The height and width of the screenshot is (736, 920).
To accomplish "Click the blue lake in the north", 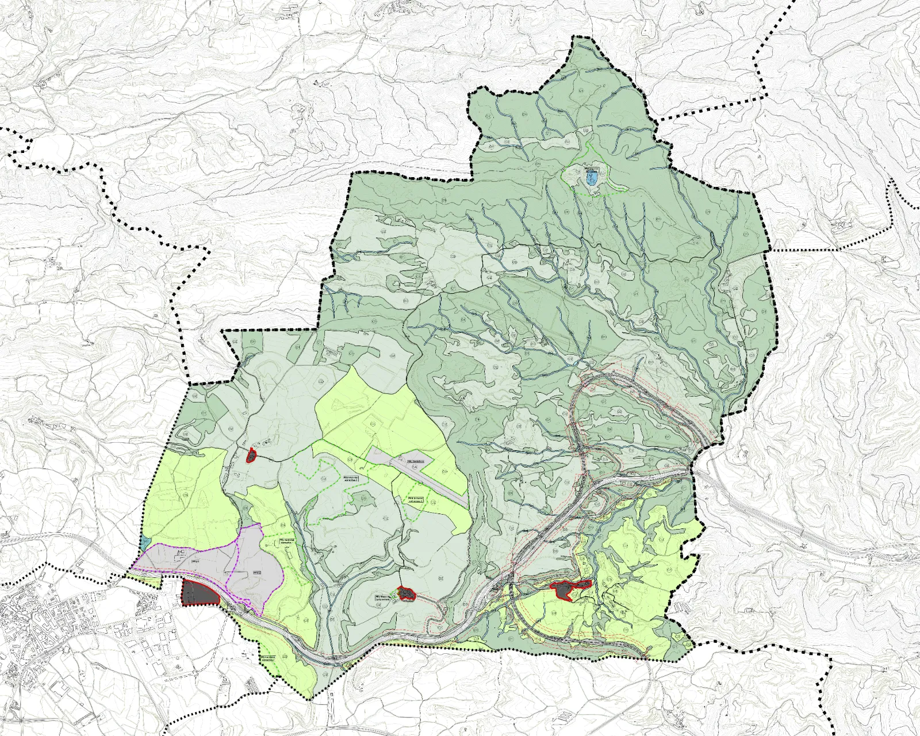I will (x=591, y=178).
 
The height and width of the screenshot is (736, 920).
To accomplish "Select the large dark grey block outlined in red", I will (x=200, y=593).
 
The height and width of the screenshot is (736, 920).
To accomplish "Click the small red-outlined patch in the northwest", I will (x=251, y=456).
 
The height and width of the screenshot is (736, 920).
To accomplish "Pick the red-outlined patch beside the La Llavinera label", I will (x=407, y=593).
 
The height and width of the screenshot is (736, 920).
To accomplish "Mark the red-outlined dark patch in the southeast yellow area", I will (x=569, y=589).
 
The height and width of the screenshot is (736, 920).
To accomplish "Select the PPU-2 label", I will (x=257, y=573).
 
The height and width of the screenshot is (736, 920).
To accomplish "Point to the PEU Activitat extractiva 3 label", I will (x=416, y=499).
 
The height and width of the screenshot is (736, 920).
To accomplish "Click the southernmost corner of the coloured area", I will (x=311, y=699).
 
